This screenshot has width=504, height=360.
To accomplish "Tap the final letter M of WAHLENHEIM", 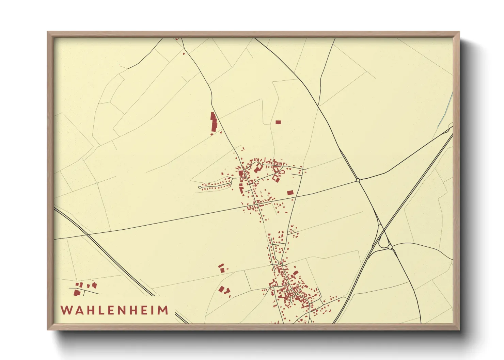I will [x=164, y=310].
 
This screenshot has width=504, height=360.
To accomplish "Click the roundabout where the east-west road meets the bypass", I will [x=358, y=180].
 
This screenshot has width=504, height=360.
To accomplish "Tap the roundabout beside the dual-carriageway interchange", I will [x=390, y=247].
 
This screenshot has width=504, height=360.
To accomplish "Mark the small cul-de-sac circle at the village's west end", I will [x=200, y=187].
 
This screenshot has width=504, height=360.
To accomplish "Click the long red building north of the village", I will [x=214, y=122].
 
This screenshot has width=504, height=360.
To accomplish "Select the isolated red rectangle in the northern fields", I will [x=278, y=122].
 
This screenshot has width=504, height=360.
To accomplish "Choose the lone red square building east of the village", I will [x=290, y=193].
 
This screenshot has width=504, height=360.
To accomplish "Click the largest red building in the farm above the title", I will [x=77, y=292].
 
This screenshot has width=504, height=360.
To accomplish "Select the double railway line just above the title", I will [x=143, y=288].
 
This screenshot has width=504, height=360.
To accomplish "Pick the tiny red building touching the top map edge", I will [x=177, y=39].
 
